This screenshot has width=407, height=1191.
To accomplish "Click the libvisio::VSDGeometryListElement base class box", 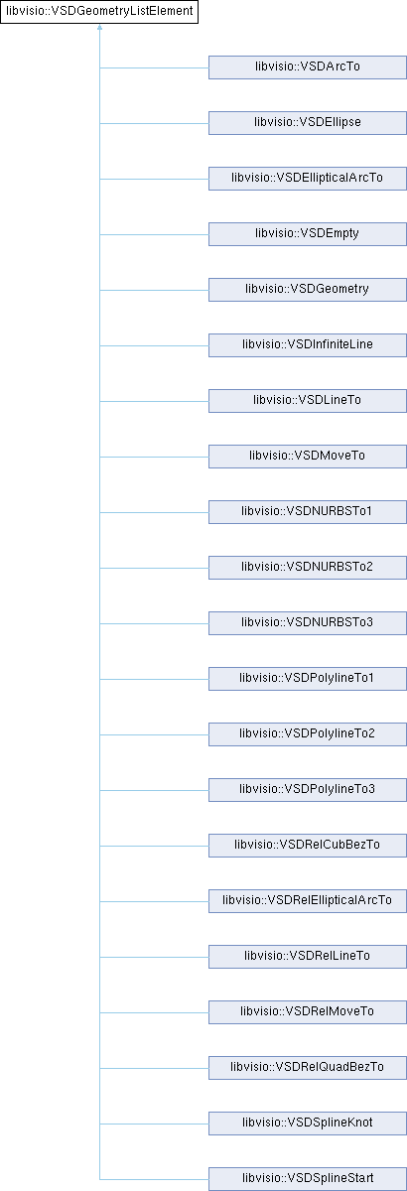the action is [99, 12].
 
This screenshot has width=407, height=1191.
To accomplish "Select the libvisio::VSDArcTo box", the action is [308, 67].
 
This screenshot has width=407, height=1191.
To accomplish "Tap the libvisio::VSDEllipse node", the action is [308, 123].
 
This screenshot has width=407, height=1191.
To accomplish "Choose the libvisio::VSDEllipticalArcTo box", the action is [308, 179].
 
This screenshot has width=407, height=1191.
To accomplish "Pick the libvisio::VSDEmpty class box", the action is [308, 234].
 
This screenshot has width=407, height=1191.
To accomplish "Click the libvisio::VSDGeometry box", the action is [308, 290].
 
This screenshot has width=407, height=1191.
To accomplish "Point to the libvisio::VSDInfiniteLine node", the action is [308, 345].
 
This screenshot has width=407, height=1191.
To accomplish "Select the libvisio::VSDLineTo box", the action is [308, 401].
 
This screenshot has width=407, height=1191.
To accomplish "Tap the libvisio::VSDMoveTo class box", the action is [308, 457].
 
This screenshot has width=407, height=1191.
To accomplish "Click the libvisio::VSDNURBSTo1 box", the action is [308, 512].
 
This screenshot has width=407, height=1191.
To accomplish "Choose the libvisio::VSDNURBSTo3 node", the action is [308, 623].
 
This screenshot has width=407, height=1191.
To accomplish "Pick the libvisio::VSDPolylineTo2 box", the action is [308, 734].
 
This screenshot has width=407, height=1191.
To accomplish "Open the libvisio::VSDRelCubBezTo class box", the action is [308, 846].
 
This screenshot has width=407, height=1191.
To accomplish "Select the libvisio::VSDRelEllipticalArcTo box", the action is [308, 901].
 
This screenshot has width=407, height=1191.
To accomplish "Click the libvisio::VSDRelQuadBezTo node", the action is [308, 1068].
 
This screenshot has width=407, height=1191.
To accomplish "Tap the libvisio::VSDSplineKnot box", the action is [308, 1123].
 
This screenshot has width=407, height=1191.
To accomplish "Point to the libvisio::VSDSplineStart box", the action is [308, 1179].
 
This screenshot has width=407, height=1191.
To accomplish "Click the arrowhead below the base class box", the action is [99, 27].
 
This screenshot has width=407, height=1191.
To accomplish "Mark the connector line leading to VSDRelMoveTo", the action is [154, 1012].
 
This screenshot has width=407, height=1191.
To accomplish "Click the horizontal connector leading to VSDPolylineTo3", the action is [154, 790].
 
